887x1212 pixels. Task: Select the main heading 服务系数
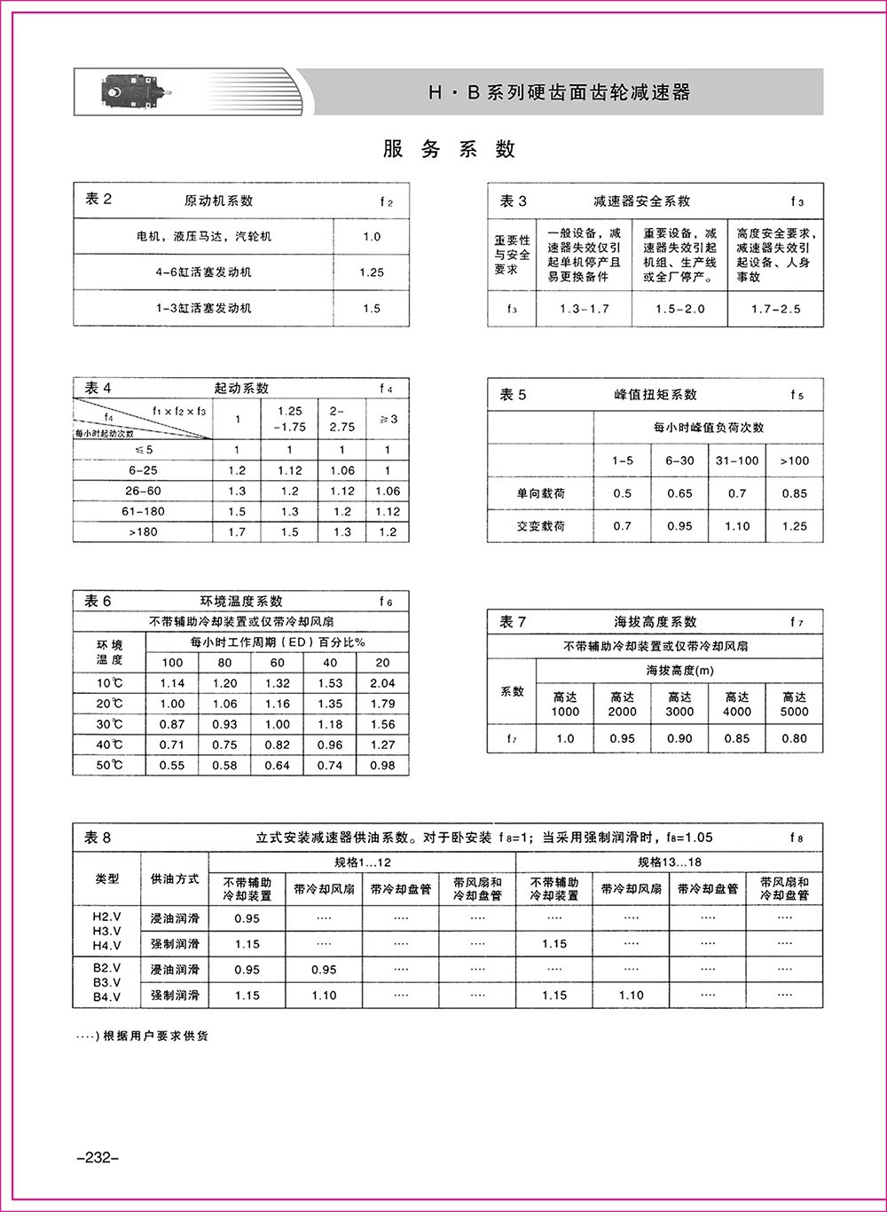coord(449,149)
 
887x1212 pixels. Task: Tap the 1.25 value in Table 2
coord(372,272)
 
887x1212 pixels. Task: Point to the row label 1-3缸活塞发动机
coord(203,308)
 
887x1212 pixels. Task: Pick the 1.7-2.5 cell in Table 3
coord(775,309)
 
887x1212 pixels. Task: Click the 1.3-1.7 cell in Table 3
coord(585,309)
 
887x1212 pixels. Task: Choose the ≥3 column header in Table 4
coord(388,419)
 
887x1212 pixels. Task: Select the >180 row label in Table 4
coord(144,532)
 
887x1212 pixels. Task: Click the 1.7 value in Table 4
coord(237,532)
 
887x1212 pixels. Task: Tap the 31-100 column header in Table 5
coord(737,460)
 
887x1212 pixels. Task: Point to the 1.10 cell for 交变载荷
coord(737,526)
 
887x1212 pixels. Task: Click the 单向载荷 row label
coord(541,493)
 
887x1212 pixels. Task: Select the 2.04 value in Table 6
coord(382,683)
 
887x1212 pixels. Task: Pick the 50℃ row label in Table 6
coord(110,766)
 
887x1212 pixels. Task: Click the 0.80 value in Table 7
coord(794,738)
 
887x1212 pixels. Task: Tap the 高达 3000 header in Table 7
coord(680,704)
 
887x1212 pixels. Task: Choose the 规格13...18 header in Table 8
coord(670,862)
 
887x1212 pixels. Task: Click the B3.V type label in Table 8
coord(107,982)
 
